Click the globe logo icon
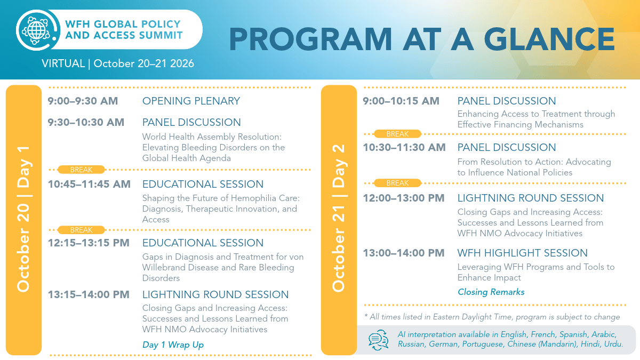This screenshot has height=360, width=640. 37,30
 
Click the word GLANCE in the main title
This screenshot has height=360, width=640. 549,39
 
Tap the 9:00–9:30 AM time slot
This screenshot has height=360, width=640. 83,101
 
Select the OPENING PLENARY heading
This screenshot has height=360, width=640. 191,101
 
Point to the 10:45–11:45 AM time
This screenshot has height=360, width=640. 89,184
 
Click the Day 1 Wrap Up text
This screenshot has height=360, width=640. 173,345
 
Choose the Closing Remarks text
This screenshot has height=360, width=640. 491,292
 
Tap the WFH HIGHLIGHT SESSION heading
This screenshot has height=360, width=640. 522,253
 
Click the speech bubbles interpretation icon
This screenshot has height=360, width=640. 378,340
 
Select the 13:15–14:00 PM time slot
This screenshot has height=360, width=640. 89,294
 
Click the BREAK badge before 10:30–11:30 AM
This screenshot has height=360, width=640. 397,134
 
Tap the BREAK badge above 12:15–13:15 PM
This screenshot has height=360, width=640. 81,230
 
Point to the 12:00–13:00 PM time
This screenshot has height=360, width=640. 404,198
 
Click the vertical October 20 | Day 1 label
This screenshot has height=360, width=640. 23,219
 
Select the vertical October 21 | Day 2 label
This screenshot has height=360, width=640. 339,218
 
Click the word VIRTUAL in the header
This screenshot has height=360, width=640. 63,63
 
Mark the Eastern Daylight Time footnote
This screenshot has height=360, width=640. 492,317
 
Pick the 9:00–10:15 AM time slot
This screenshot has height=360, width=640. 401,101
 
